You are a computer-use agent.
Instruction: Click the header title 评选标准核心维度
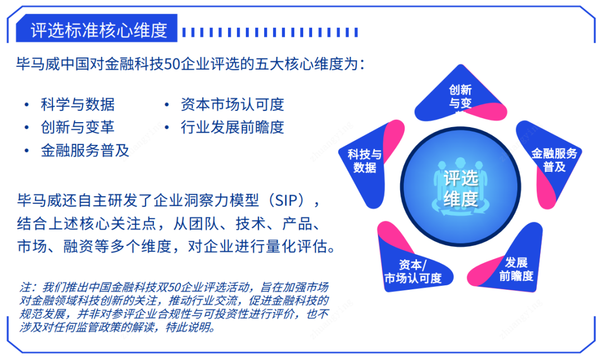[99, 30]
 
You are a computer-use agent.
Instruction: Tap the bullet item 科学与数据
[77, 104]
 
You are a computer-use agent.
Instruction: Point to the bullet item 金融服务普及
[85, 150]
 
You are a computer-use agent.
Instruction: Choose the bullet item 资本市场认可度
[232, 104]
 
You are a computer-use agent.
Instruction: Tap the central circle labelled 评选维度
[460, 187]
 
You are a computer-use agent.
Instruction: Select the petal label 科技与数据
[365, 161]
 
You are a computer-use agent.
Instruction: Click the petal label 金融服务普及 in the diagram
[554, 160]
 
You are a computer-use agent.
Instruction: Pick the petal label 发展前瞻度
[516, 269]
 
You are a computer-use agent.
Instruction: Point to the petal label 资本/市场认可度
[413, 271]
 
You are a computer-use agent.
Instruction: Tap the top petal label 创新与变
[460, 97]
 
